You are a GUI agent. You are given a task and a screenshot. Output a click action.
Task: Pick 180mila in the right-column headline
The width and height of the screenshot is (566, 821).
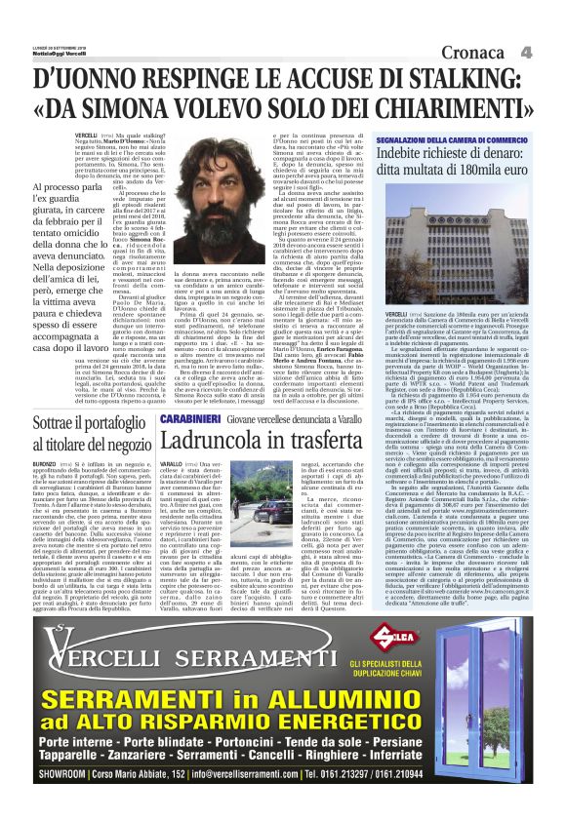coord(481,171)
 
